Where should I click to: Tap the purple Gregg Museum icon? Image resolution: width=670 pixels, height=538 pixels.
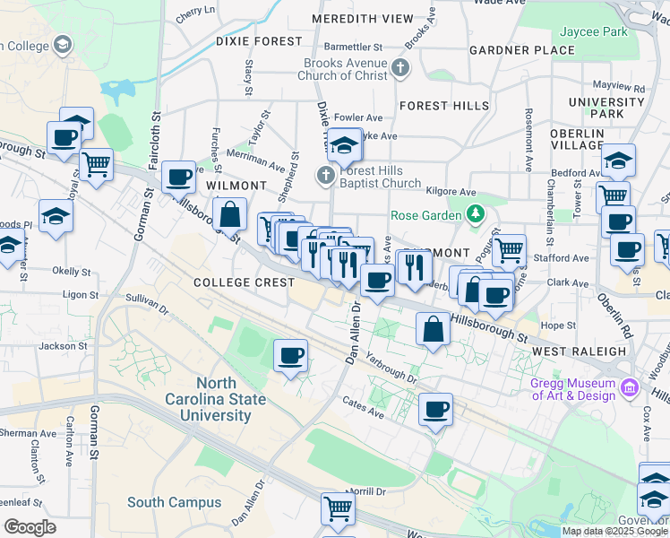click(x=630, y=388)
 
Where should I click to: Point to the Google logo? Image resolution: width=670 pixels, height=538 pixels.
click(x=30, y=527)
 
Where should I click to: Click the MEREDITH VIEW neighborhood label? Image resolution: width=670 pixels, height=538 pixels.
click(x=363, y=19)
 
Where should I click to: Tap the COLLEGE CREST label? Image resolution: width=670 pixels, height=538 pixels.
click(x=245, y=282)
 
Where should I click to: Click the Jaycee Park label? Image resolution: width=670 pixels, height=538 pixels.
click(x=593, y=31)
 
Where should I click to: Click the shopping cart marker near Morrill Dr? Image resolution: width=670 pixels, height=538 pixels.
click(x=339, y=508)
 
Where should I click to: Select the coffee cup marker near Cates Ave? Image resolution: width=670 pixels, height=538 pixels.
click(x=435, y=410)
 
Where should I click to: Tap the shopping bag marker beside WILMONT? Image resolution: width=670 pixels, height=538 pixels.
click(x=230, y=215)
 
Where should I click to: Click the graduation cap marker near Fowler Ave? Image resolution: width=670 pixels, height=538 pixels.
click(x=344, y=144)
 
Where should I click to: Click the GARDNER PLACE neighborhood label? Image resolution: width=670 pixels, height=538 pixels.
click(x=521, y=49)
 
